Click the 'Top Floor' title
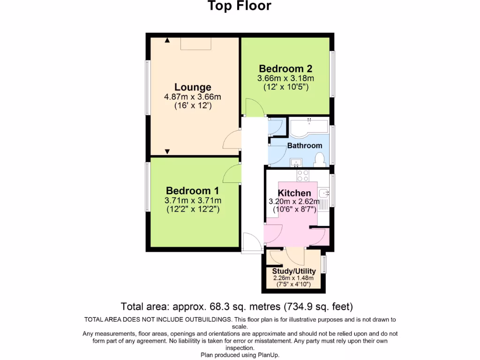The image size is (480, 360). coord(240,6)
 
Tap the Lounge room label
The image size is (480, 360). coord(193,87)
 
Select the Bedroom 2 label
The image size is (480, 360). coord(285,68)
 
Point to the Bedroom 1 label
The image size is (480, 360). coord(192,191)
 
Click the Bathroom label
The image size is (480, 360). coord(305,146)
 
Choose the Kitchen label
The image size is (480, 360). coord(294,193)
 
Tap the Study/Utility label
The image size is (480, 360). coord(294,271)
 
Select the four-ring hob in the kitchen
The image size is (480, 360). coord(303,175)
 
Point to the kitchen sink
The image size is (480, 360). coord(323,194)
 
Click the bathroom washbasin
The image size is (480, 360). coord(296,163)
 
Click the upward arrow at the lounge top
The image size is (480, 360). coord(167,41)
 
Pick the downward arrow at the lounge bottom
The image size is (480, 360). coord(167,151)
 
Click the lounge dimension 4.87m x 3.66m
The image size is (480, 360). coord(192,97)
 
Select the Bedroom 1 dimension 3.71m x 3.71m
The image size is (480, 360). coord(192,201)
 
